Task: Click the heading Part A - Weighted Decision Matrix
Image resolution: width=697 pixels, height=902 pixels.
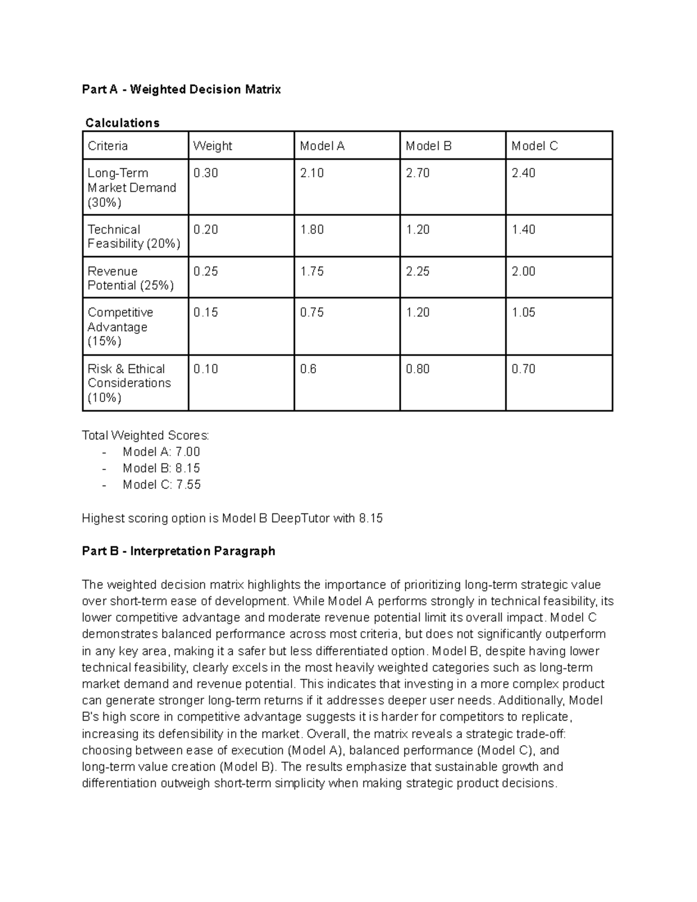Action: click(181, 89)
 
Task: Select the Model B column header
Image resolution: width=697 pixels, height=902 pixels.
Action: click(428, 146)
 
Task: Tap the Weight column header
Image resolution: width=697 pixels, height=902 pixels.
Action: click(213, 146)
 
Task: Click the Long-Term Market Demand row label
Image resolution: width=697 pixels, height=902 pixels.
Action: click(132, 188)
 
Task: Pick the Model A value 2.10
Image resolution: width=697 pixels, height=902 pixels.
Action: click(312, 173)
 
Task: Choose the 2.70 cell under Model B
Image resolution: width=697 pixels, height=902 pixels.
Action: click(418, 173)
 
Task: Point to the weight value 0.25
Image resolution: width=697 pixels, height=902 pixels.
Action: click(206, 271)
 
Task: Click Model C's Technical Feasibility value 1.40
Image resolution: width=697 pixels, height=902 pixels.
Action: click(523, 229)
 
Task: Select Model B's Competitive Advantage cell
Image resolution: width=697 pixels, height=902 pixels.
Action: click(418, 312)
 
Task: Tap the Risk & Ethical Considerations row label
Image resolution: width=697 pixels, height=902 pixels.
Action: click(129, 383)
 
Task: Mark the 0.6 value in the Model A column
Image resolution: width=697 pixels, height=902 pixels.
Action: click(308, 369)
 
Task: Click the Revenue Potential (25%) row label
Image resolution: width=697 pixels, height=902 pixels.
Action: click(131, 278)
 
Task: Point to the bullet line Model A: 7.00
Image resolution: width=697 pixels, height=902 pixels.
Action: click(161, 452)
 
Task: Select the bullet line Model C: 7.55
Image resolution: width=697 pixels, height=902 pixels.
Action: click(161, 484)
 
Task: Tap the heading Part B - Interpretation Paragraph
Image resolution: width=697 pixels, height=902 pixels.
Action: click(178, 551)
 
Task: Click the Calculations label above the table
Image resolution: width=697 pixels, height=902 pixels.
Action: click(122, 123)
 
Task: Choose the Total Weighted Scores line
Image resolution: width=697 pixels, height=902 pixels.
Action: click(145, 436)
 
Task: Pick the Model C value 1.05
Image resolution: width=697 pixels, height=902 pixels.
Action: click(523, 312)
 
